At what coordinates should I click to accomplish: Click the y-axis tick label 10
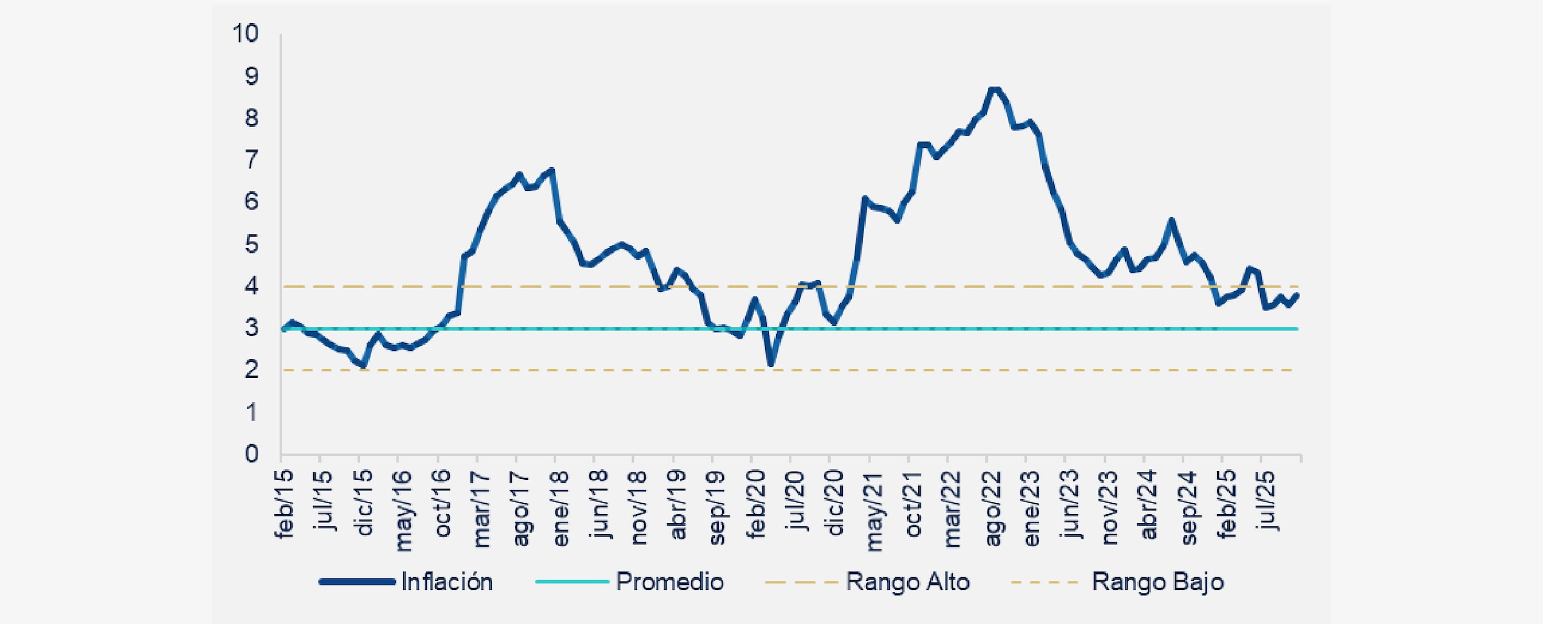(246, 33)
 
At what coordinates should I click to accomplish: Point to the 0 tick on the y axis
(251, 454)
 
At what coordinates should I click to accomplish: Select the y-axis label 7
(251, 159)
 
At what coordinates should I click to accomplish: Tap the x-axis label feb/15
(284, 503)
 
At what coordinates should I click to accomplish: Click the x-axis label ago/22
(993, 508)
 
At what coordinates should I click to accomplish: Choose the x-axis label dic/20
(834, 503)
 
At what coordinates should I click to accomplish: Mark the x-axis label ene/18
(560, 508)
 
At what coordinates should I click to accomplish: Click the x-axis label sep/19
(717, 508)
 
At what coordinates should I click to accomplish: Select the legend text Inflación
(447, 582)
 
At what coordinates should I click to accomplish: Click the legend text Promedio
(669, 582)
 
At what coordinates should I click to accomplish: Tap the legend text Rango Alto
(907, 582)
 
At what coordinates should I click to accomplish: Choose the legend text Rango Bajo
(1157, 582)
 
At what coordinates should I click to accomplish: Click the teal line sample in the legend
(572, 582)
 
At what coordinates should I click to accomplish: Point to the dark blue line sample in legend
(357, 582)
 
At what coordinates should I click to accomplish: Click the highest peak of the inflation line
(994, 89)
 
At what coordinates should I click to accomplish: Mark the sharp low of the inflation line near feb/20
(771, 364)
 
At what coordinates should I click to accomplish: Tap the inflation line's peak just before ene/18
(552, 170)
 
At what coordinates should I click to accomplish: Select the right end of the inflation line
(1297, 295)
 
